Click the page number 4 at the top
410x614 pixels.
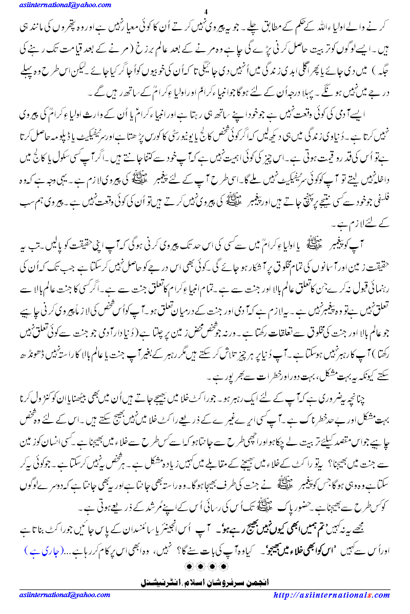click(x=206, y=12)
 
